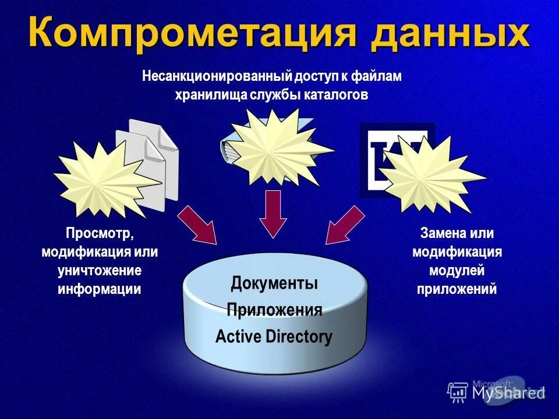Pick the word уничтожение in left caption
100,271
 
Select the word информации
100,289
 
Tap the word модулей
457,271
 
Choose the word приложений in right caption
457,289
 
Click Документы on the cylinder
274,284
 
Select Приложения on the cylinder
274,310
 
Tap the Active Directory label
274,336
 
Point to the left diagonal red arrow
198,225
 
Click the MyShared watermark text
507,393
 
